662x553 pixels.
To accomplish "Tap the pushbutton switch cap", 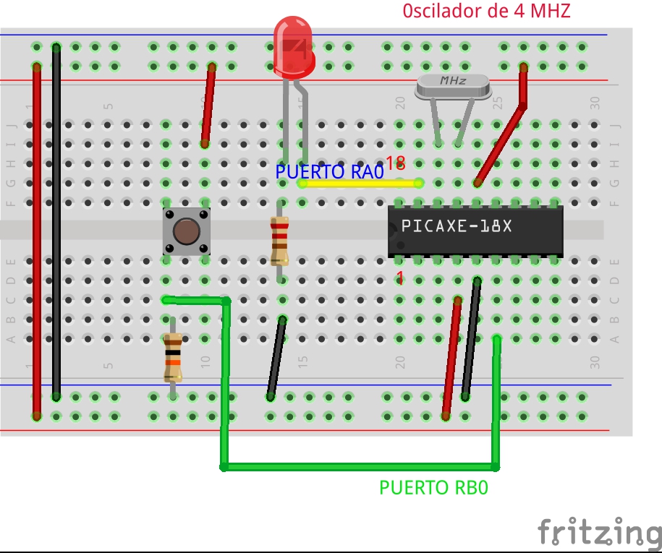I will pyautogui.click(x=187, y=232).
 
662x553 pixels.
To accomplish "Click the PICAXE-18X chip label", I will pyautogui.click(x=457, y=226).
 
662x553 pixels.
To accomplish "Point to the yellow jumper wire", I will pyautogui.click(x=360, y=184).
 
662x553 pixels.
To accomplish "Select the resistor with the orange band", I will pyautogui.click(x=172, y=358).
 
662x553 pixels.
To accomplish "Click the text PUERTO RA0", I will pyautogui.click(x=329, y=172).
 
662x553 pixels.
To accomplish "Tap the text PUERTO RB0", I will pyautogui.click(x=433, y=488).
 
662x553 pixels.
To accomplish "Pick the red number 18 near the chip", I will pyautogui.click(x=395, y=163).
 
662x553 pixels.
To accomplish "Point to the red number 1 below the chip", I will pyautogui.click(x=399, y=278).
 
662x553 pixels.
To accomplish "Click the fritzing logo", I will pyautogui.click(x=599, y=532).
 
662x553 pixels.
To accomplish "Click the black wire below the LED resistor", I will pyautogui.click(x=276, y=357).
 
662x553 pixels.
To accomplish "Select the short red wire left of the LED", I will pyautogui.click(x=208, y=106).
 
